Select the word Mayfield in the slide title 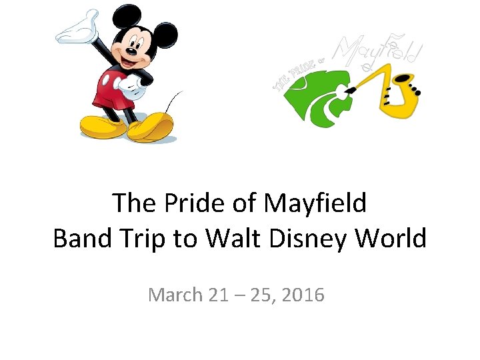click(315, 203)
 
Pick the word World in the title click(393, 238)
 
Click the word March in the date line click(175, 294)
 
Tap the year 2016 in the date click(303, 294)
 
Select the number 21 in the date click(217, 294)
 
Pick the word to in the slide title click(187, 238)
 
